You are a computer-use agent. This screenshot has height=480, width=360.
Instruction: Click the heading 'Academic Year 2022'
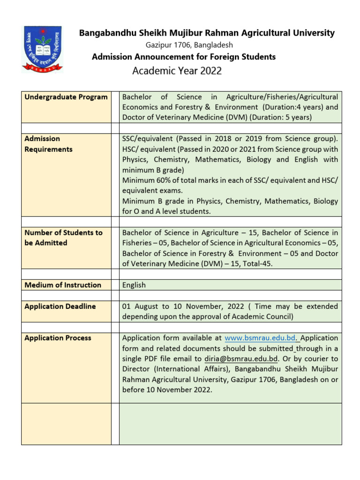[177, 71]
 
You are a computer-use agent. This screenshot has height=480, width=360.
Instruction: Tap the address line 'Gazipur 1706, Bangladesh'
[189, 45]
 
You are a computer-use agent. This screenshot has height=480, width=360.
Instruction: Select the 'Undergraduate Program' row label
[66, 97]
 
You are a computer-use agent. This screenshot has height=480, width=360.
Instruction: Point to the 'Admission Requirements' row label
[48, 144]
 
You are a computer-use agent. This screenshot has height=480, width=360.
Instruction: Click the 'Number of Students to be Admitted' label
[63, 238]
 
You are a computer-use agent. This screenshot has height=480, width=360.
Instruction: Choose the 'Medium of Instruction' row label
[63, 285]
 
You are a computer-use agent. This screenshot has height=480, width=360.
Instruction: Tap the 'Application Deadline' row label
[60, 306]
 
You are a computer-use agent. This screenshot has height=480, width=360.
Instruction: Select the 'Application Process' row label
[58, 338]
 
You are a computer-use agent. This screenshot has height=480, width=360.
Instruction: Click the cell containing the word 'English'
[134, 285]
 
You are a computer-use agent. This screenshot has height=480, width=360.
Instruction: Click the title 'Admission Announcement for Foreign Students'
[184, 57]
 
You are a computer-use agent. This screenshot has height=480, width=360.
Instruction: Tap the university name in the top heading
[207, 33]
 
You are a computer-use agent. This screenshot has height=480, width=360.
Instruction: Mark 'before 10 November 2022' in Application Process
[167, 390]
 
